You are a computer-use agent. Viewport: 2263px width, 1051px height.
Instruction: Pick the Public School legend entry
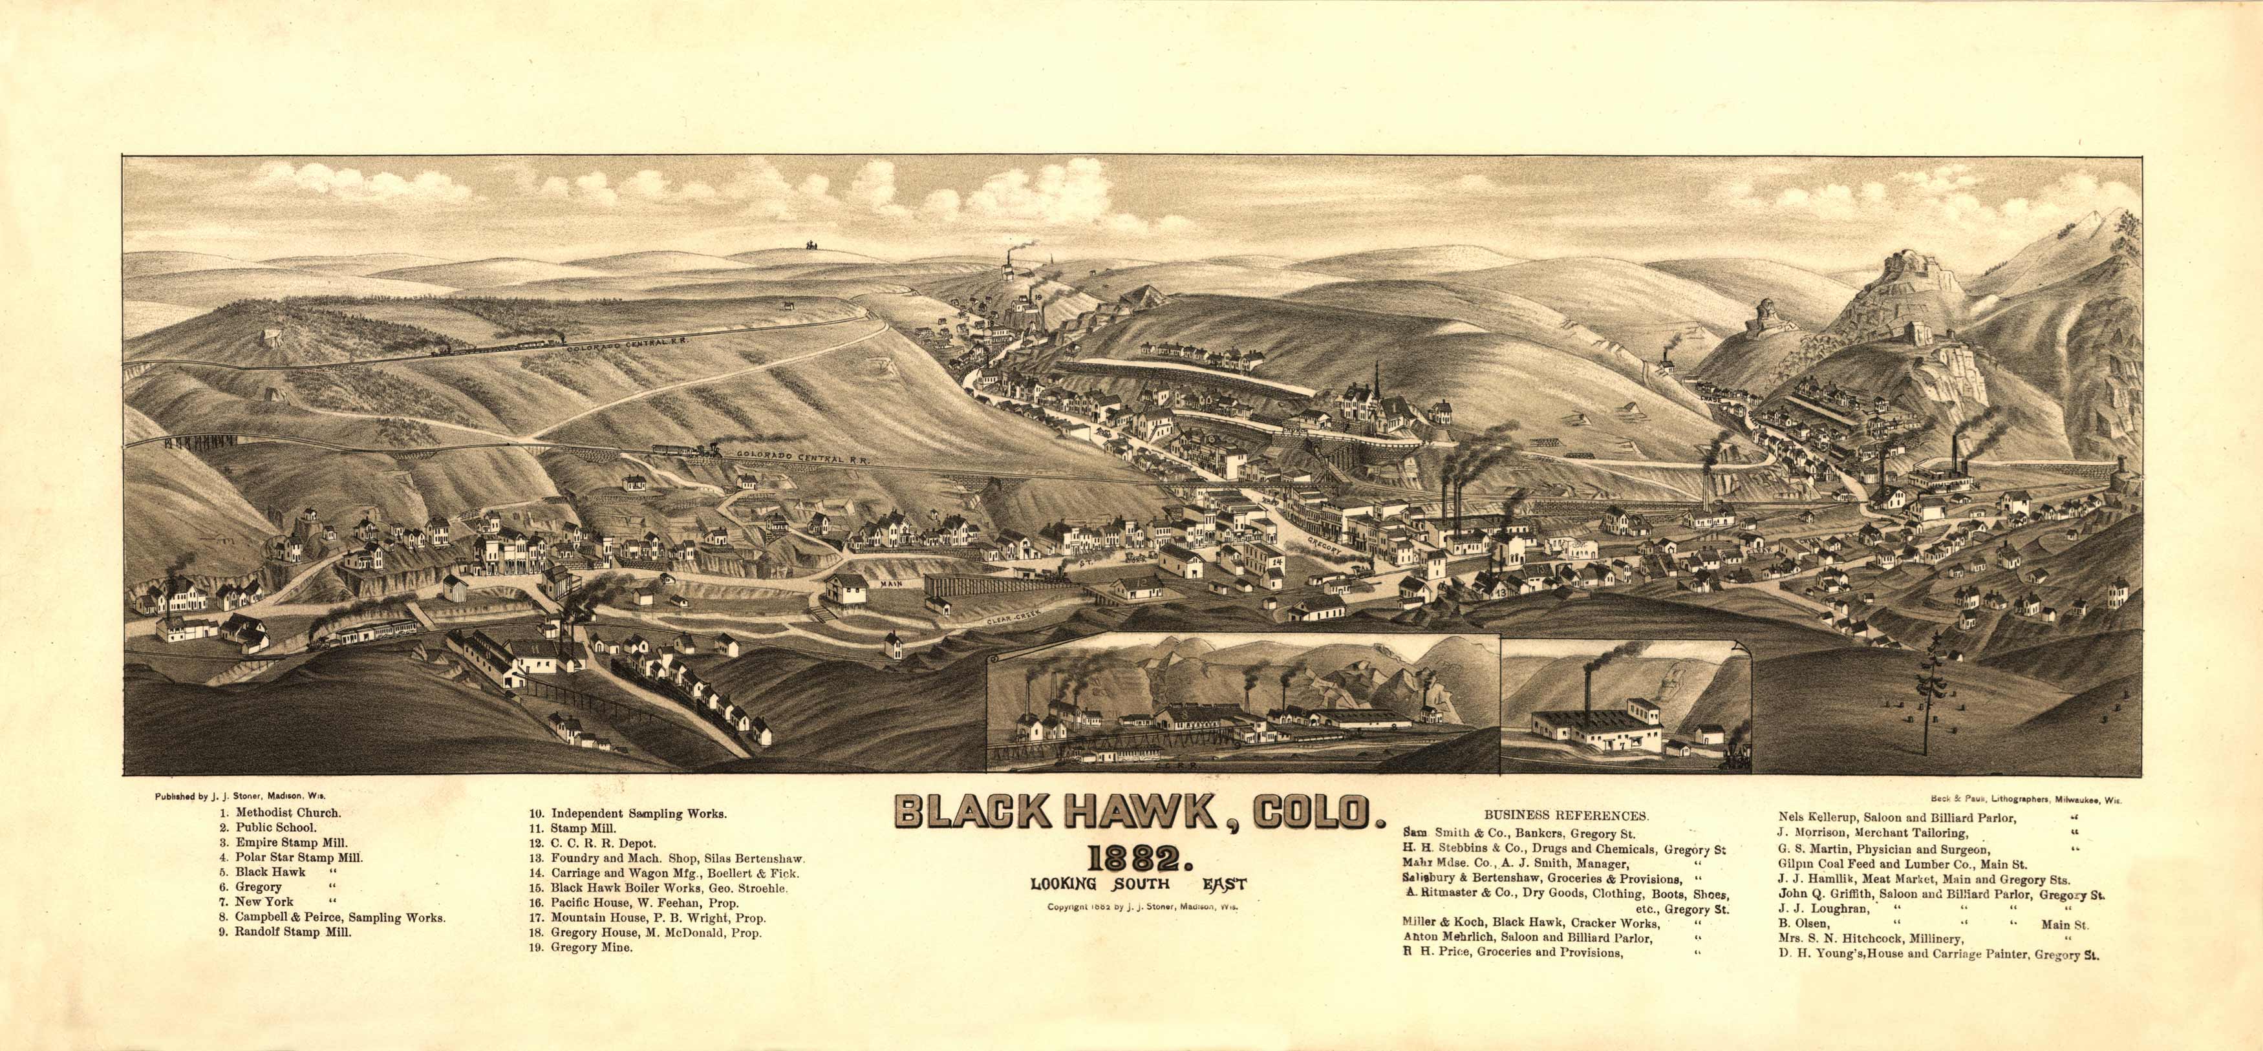point(275,827)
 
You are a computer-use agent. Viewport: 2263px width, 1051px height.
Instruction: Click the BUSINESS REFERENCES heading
point(1565,815)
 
